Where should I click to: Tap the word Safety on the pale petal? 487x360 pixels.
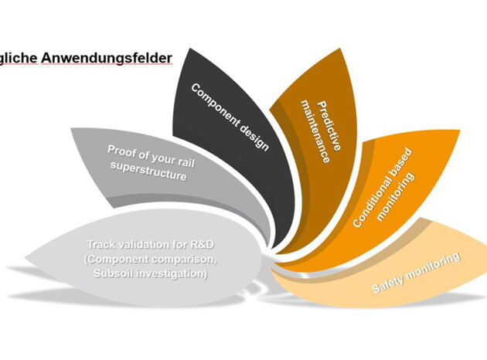[x=387, y=283]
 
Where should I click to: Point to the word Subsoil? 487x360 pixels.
[x=111, y=273]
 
